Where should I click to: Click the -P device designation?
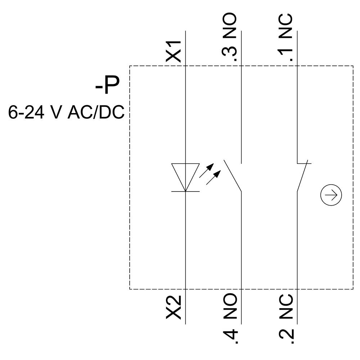pyautogui.click(x=107, y=86)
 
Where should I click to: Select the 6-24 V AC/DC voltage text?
pyautogui.click(x=66, y=112)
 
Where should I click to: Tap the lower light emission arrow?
pyautogui.click(x=213, y=178)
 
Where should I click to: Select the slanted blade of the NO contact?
pyautogui.click(x=233, y=175)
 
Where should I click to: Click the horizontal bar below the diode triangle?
pyautogui.click(x=185, y=192)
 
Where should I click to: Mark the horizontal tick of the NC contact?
pyautogui.click(x=304, y=163)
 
